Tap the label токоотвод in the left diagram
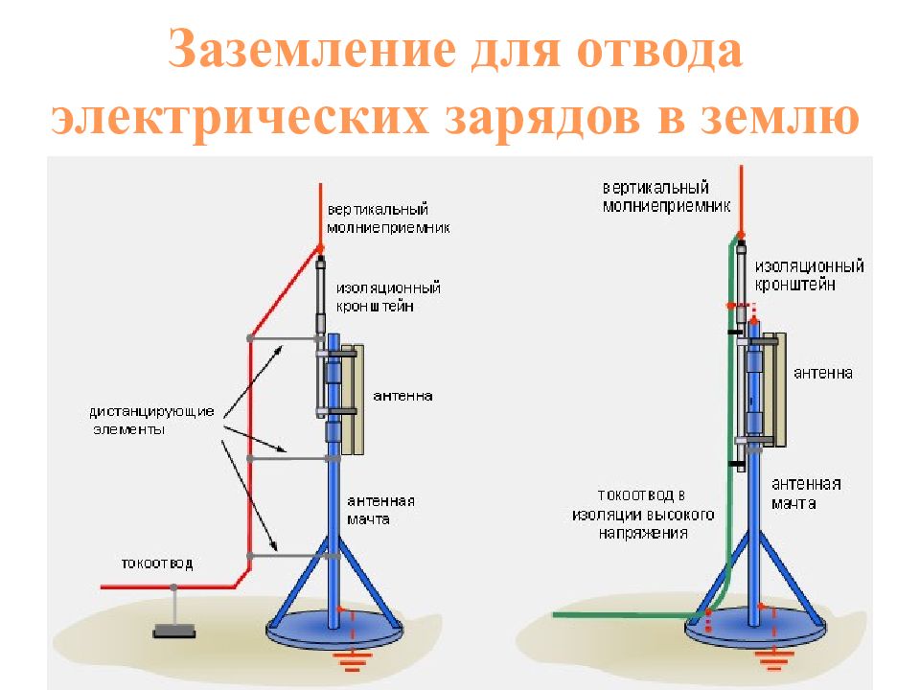click(x=156, y=563)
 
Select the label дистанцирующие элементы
click(x=152, y=421)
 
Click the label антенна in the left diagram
click(x=402, y=395)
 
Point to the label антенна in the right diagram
click(x=823, y=373)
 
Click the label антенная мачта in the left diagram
click(x=380, y=510)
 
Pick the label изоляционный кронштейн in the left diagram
click(x=387, y=296)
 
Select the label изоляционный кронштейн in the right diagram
click(x=809, y=275)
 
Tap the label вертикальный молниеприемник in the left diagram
click(x=387, y=218)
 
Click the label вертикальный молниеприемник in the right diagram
click(x=667, y=195)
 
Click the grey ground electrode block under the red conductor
click(x=173, y=631)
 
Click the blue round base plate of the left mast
click(x=297, y=633)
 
